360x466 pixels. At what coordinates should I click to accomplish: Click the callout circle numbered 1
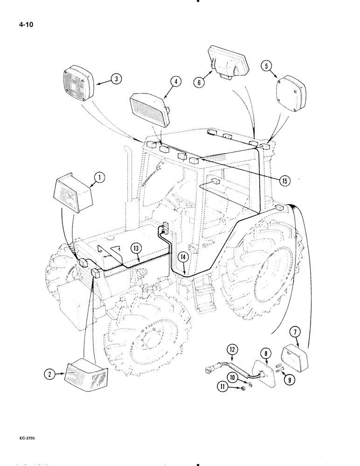coord(98,177)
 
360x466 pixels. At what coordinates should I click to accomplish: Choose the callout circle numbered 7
coord(294,333)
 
